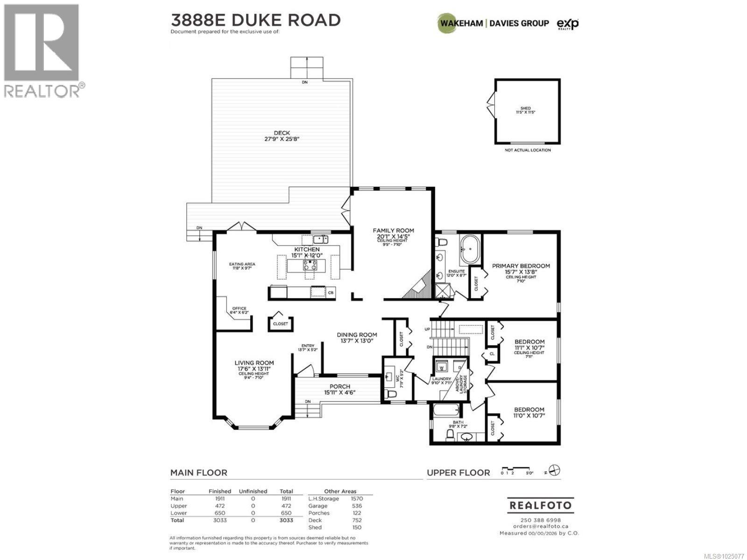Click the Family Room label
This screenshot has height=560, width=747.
(393, 230)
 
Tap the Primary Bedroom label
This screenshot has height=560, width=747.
(521, 266)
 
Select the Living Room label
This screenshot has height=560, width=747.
(254, 363)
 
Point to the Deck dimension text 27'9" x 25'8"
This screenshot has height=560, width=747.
(282, 139)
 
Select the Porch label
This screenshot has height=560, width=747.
(340, 386)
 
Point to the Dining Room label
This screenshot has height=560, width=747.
(357, 335)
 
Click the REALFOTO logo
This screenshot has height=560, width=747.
(541, 505)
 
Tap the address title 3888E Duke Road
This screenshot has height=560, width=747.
(256, 20)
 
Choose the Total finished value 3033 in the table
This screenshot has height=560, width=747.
(219, 520)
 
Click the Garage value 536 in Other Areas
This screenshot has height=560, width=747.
(356, 506)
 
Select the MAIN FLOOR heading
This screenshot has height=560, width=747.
(199, 473)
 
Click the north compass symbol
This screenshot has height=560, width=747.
(555, 470)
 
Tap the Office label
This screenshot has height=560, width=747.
(240, 308)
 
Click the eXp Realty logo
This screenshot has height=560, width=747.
(567, 23)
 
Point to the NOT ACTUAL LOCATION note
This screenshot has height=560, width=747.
(528, 150)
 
